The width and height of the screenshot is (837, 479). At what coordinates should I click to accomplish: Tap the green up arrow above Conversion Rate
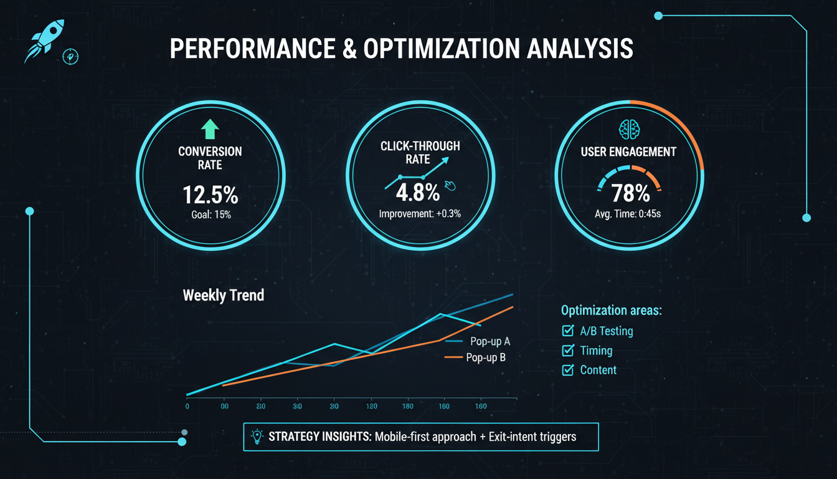tap(210, 130)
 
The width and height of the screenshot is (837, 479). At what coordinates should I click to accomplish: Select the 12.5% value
tap(210, 195)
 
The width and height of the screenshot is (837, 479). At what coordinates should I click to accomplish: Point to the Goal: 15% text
tap(210, 215)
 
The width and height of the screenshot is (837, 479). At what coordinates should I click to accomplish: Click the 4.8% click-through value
tap(417, 193)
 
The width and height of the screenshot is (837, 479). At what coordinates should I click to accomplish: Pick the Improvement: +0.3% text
tap(420, 214)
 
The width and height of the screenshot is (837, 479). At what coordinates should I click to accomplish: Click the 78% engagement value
tap(630, 193)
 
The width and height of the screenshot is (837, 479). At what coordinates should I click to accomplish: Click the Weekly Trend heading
tap(223, 295)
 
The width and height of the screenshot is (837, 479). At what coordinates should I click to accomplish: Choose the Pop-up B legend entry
tap(486, 357)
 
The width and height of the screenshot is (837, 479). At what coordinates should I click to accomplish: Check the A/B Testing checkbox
tap(567, 331)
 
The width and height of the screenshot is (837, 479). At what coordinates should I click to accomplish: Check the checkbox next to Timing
tap(567, 351)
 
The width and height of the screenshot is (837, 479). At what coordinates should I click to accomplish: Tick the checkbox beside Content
tap(567, 370)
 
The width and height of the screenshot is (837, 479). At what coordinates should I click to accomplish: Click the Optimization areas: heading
tap(611, 311)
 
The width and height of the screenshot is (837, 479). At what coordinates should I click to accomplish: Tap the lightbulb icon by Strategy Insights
tap(256, 437)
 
